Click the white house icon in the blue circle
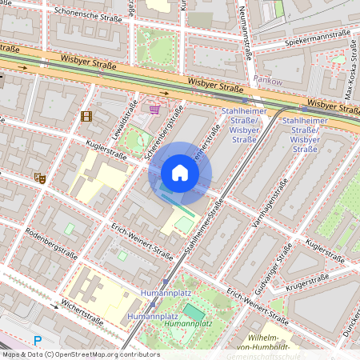180,173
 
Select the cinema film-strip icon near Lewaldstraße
86,117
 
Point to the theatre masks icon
38,178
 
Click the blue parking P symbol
37,339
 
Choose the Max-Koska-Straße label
349,73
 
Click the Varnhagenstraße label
270,204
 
